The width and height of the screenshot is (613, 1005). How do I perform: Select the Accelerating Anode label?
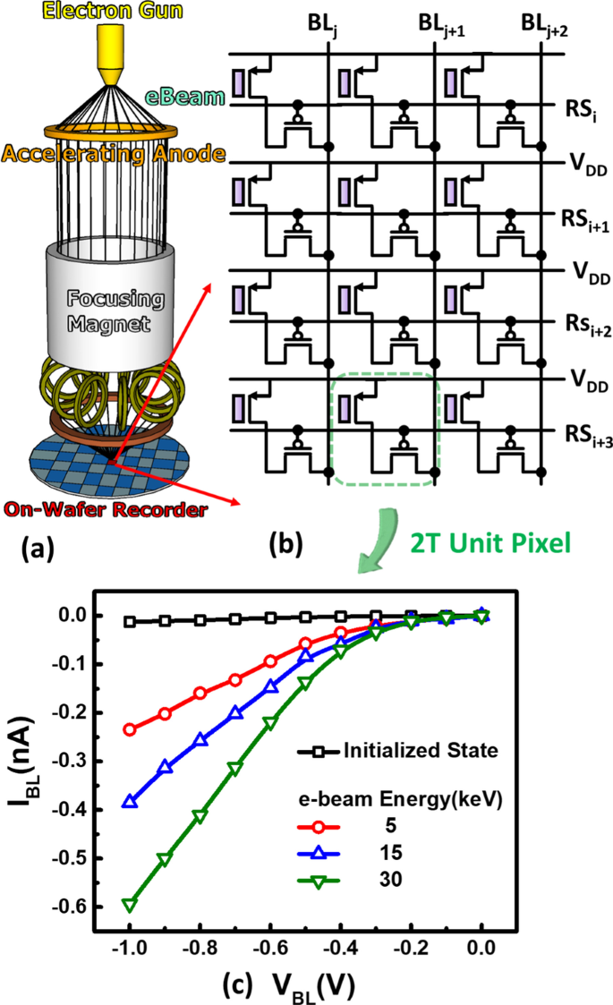111,154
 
